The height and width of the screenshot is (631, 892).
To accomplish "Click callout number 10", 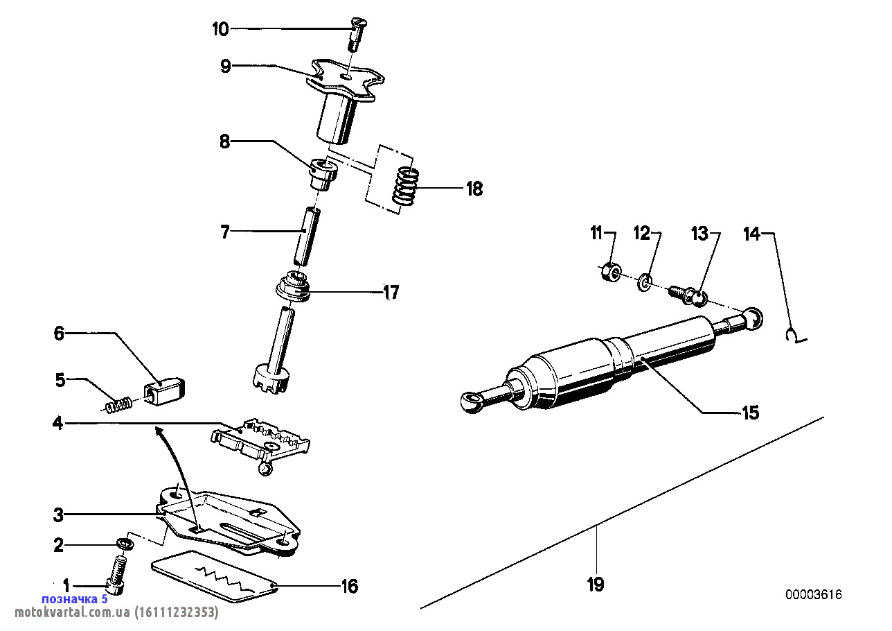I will point(220,29).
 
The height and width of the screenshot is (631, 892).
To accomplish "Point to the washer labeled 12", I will point(645,282).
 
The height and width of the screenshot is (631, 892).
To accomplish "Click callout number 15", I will point(750,413).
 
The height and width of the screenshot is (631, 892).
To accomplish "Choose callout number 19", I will point(596,585).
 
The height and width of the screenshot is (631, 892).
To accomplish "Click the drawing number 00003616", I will point(813,595).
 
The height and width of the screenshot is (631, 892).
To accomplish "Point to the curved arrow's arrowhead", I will point(159,431).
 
